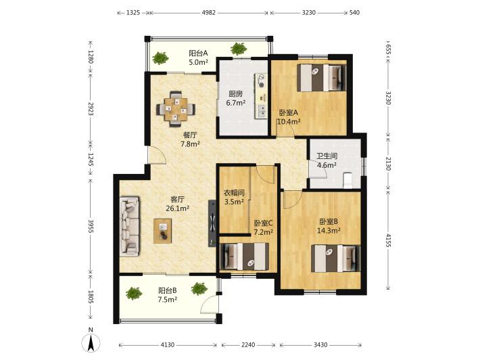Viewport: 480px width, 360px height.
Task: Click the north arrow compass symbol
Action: coord(91,342)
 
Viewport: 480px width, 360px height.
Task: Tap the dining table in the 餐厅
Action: coord(176,109)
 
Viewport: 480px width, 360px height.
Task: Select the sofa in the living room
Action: coord(129,227)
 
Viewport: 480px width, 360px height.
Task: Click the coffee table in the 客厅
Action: coord(162,231)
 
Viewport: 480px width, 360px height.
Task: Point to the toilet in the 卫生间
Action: coord(347,181)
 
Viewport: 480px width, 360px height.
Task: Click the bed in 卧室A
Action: coord(321,78)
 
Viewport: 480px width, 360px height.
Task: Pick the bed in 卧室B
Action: coord(335,258)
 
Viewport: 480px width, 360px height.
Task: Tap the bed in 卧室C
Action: coord(245,256)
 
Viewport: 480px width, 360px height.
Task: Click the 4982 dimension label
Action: coord(209,13)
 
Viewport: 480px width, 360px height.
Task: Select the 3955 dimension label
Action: coord(91,226)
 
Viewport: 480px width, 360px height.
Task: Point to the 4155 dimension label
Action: coord(388,240)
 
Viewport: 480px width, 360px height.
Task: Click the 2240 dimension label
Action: coord(248,344)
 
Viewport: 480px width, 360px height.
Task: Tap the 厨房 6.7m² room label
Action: coord(236,98)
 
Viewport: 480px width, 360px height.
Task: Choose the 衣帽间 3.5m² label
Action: coord(234,198)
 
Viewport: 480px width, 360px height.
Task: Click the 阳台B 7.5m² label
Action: coord(168,295)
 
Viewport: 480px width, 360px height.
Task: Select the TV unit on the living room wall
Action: coord(212,223)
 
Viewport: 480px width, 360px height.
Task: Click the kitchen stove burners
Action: coord(261,81)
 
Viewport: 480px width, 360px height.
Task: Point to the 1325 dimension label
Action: coord(133,13)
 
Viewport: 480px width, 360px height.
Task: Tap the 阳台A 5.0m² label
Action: coord(198,58)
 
